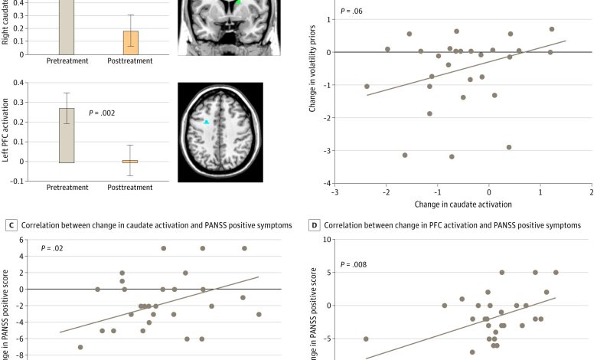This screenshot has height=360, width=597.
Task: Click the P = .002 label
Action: pyautogui.click(x=102, y=113)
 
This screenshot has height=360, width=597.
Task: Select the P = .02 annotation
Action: pyautogui.click(x=52, y=250)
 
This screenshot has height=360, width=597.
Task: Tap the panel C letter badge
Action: pyautogui.click(x=11, y=226)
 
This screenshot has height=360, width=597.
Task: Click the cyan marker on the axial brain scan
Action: pyautogui.click(x=207, y=122)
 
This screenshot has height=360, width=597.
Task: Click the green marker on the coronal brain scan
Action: pyautogui.click(x=238, y=3)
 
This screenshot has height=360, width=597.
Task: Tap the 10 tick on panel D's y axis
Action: pyautogui.click(x=327, y=239)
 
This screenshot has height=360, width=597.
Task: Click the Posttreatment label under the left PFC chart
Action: pyautogui.click(x=129, y=187)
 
